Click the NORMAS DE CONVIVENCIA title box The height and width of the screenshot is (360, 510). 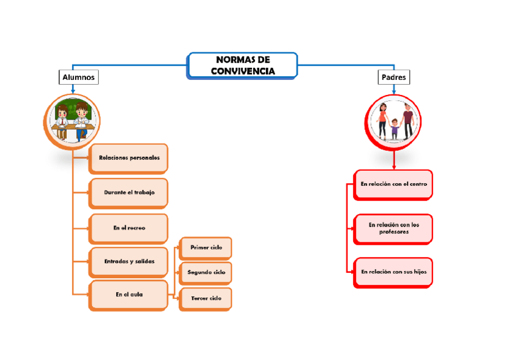[x=242, y=66]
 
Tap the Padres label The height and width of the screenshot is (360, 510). [x=394, y=77]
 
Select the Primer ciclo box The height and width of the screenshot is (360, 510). [x=206, y=248]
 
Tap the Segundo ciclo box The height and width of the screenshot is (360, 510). [x=206, y=272]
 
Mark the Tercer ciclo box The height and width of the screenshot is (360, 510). [x=206, y=298]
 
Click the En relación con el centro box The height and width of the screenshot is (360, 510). [x=393, y=184]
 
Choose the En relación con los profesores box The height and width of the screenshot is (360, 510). [x=393, y=228]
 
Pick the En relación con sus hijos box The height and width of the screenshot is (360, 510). [x=393, y=272]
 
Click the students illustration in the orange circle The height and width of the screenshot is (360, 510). [x=72, y=121]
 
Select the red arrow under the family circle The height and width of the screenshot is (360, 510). [x=394, y=162]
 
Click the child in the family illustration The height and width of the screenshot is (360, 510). [x=395, y=127]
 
